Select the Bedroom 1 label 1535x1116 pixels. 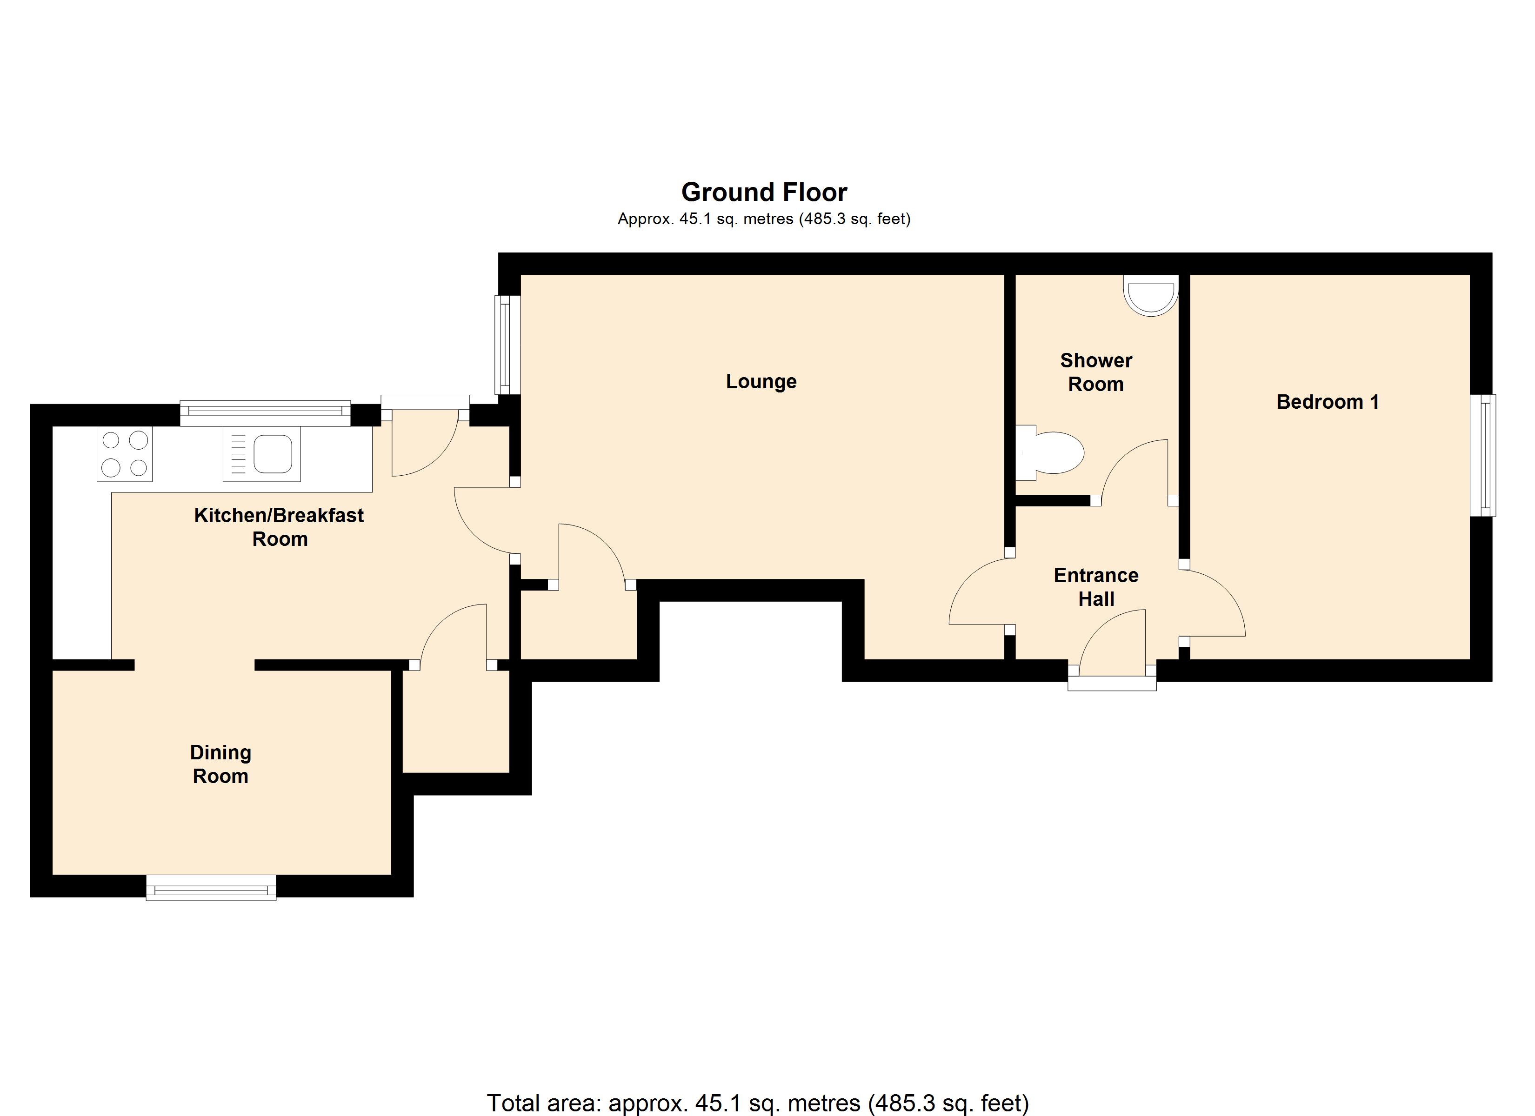click(1327, 402)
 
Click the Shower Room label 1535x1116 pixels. click(1096, 372)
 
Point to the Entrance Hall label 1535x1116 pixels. click(1096, 587)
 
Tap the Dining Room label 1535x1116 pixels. click(220, 764)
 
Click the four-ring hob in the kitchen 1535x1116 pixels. click(125, 454)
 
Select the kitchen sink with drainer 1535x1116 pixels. click(262, 454)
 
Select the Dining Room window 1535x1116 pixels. click(211, 887)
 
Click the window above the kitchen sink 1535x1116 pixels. click(265, 412)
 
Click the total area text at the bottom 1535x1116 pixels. click(757, 1103)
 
